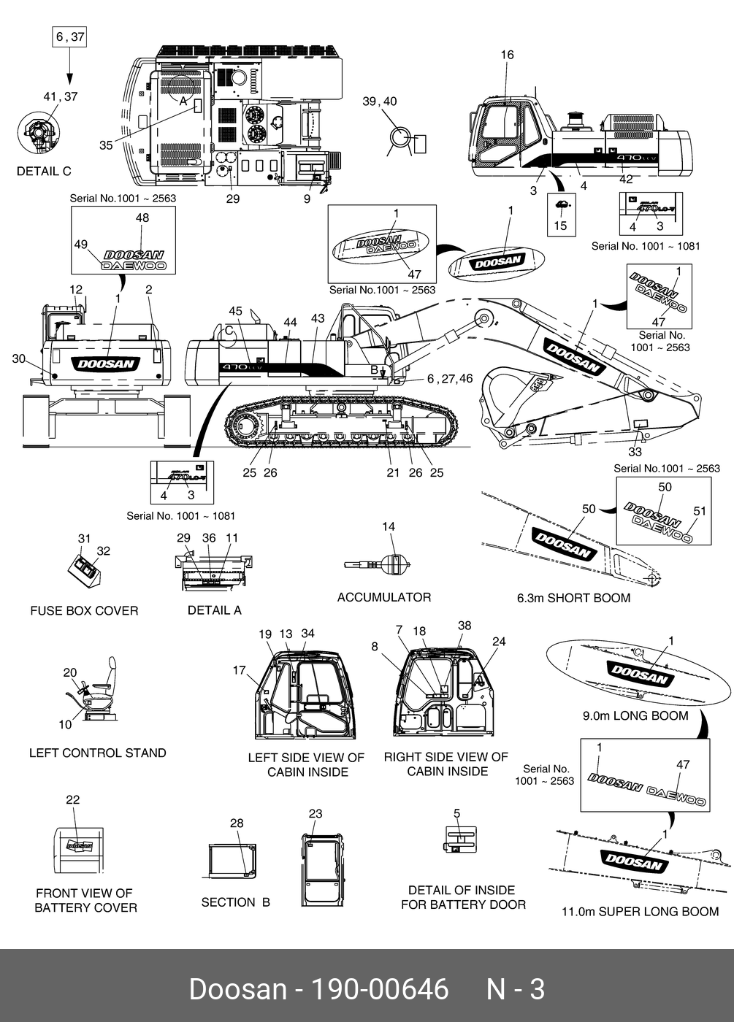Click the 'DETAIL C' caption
(x=44, y=172)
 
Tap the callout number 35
(x=106, y=145)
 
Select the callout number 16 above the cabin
(x=507, y=55)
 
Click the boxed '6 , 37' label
(x=70, y=36)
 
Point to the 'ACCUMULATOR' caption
(x=383, y=597)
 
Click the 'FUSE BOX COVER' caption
(x=84, y=611)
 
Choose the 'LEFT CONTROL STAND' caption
(x=97, y=753)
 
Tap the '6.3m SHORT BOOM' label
(x=573, y=599)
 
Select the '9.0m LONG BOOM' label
(x=635, y=716)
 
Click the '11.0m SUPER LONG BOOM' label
(x=640, y=912)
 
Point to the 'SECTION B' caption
(x=235, y=902)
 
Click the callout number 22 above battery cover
(x=72, y=800)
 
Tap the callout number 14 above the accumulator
(x=389, y=526)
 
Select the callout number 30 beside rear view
(x=19, y=358)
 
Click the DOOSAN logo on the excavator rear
(x=106, y=364)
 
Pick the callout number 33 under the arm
(x=635, y=452)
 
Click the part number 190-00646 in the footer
(x=380, y=990)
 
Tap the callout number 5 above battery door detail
(x=456, y=813)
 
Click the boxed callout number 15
(x=560, y=226)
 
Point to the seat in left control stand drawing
(x=102, y=690)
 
